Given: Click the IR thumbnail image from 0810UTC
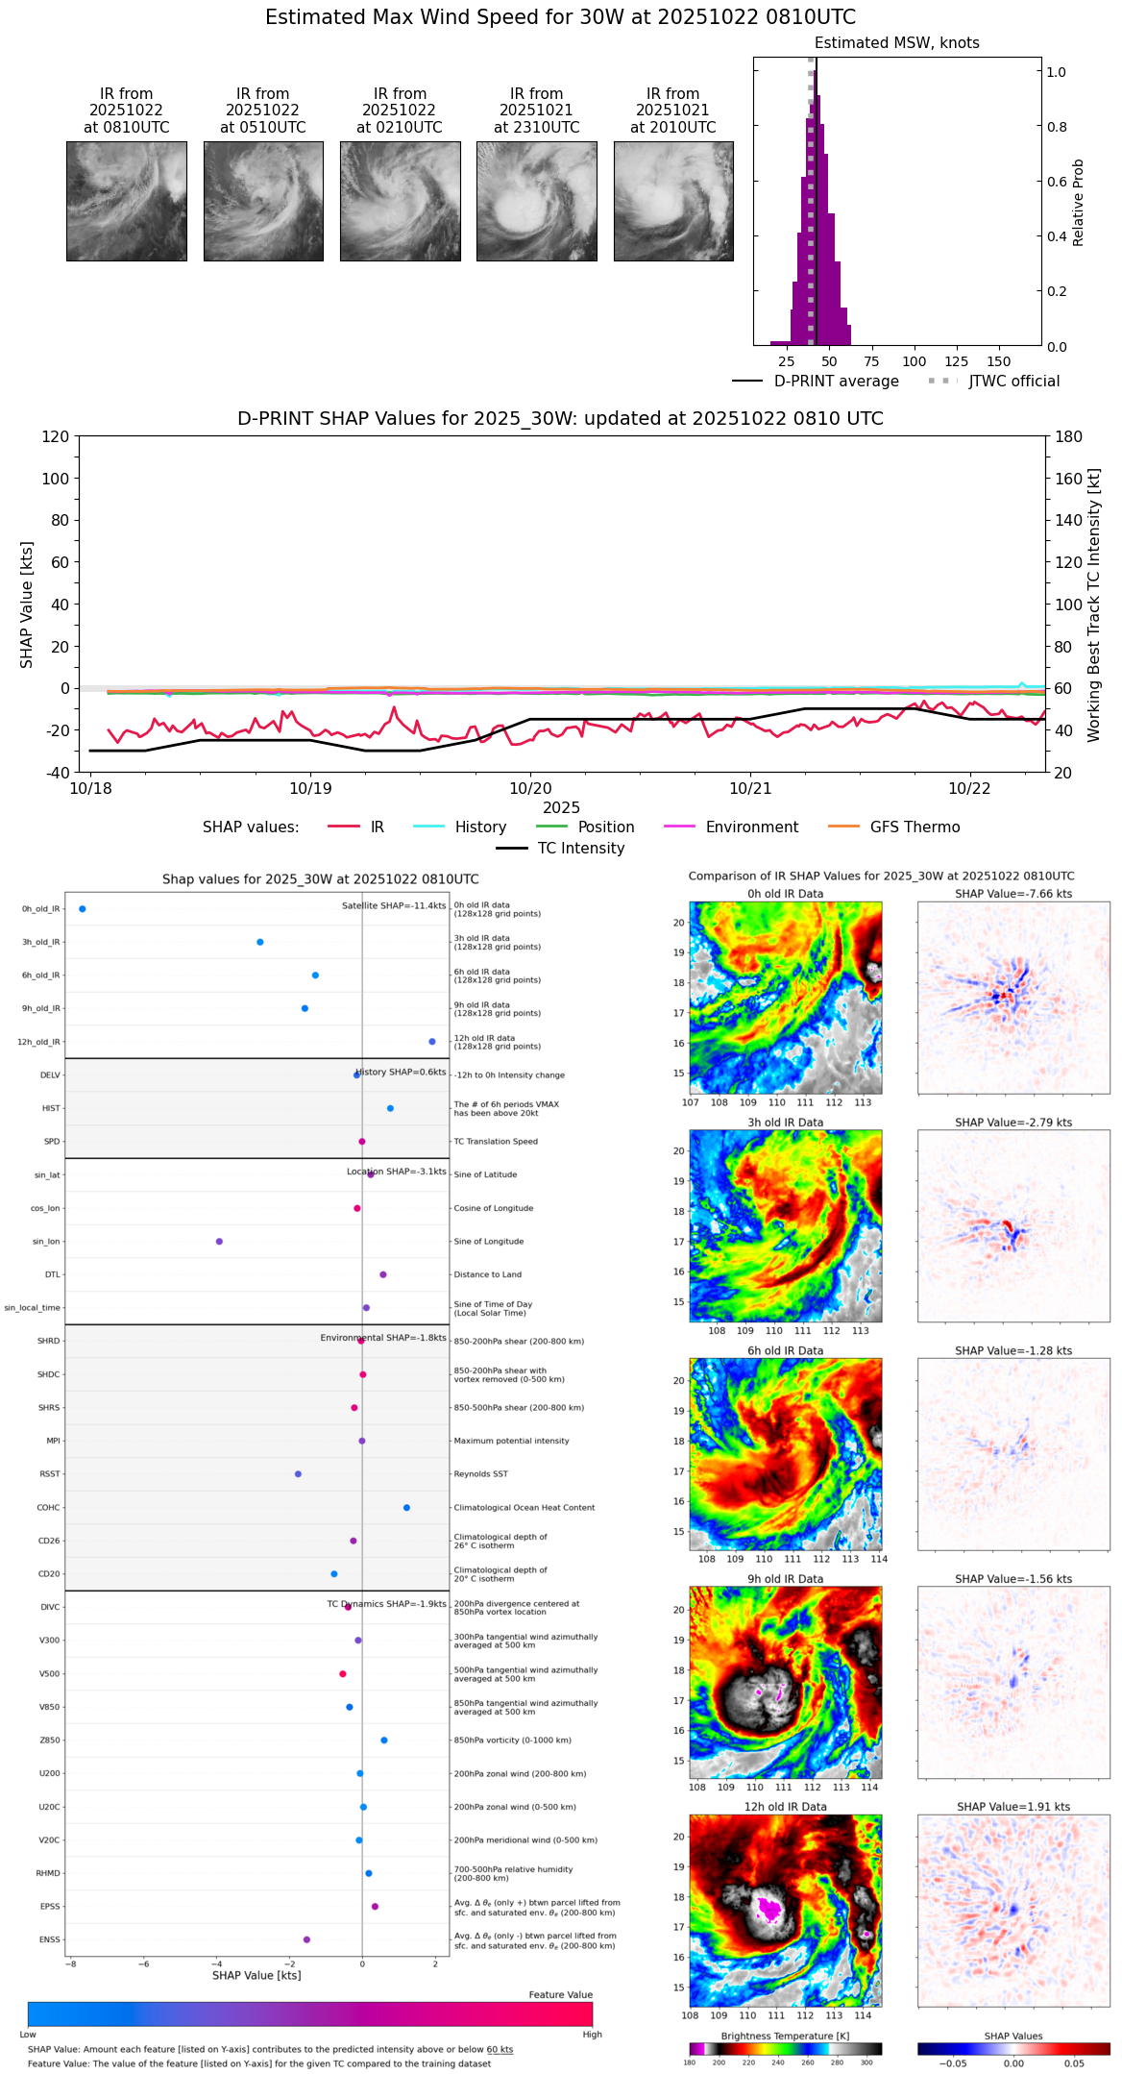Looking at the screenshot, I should (126, 201).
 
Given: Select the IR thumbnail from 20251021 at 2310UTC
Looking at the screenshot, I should (536, 201).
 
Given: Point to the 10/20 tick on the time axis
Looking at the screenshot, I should (530, 788).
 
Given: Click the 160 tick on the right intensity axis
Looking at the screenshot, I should (1069, 478).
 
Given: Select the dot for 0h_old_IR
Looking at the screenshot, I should (83, 908).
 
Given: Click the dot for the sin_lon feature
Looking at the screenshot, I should (219, 1241).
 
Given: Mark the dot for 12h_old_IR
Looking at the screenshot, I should (432, 1041).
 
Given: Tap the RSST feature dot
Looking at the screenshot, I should (298, 1473).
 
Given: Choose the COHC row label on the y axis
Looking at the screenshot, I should (48, 1507).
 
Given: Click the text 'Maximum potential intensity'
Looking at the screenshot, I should (511, 1441).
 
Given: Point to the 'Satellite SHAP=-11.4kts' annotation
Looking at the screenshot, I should (394, 905).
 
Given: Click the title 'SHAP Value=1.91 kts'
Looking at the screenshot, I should (1012, 1807).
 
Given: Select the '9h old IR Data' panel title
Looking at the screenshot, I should (785, 1579).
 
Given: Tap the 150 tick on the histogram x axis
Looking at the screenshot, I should (999, 361).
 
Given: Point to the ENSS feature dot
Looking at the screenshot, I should (306, 1939).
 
